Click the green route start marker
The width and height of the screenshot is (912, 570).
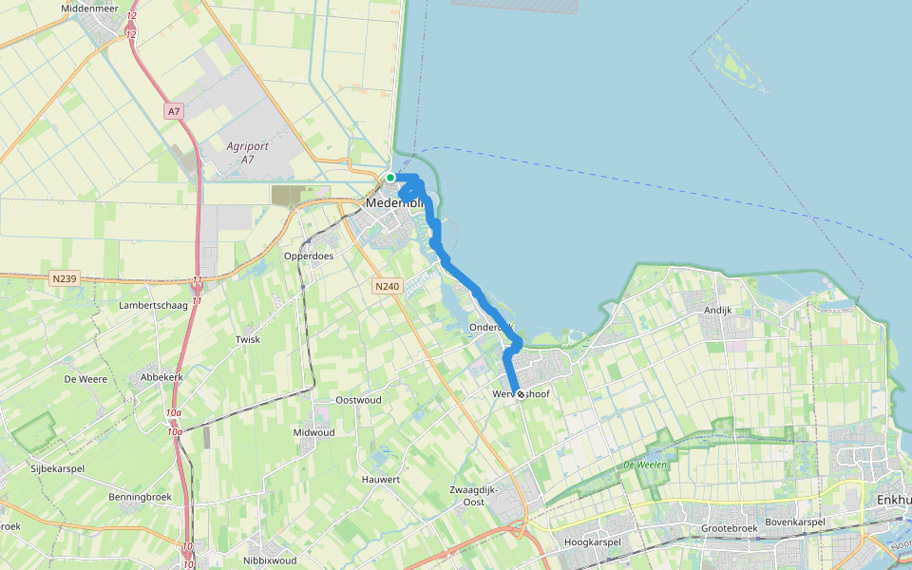tap(390, 178)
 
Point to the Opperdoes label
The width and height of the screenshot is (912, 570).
tap(306, 256)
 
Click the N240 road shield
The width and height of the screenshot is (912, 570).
tap(387, 286)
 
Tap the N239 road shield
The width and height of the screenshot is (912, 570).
tap(65, 278)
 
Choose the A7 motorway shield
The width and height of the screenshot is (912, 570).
tap(173, 112)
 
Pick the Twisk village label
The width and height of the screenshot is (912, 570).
tap(247, 339)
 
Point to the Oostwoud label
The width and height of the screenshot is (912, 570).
tap(359, 400)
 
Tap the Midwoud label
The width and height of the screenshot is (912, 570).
tap(314, 432)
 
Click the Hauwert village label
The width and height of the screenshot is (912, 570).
tap(381, 480)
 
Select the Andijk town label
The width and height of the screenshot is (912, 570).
tap(719, 310)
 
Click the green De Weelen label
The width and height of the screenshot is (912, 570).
tap(642, 465)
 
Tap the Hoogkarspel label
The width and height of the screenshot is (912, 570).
tap(592, 542)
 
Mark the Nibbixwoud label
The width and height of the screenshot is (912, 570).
tap(270, 560)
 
